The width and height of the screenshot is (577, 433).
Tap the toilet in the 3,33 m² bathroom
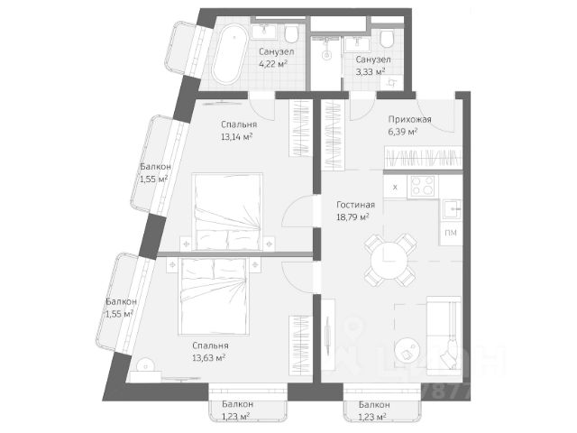pyautogui.click(x=387, y=40)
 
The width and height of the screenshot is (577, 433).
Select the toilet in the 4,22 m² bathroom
pyautogui.click(x=290, y=37)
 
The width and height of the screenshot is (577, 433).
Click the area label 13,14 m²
pyautogui.click(x=236, y=137)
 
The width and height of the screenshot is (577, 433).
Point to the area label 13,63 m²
pyautogui.click(x=209, y=357)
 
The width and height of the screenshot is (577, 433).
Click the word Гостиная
pyautogui.click(x=355, y=205)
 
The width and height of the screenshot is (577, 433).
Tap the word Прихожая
pyautogui.click(x=409, y=119)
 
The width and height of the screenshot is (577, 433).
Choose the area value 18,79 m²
pyautogui.click(x=353, y=216)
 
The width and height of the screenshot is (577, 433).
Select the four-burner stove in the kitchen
pyautogui.click(x=423, y=187)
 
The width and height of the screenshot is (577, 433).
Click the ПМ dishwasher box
pyautogui.click(x=450, y=234)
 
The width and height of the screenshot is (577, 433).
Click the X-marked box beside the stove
pyautogui.click(x=396, y=187)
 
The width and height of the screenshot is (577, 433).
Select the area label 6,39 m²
pyautogui.click(x=402, y=132)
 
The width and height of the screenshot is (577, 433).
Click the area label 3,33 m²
pyautogui.click(x=370, y=70)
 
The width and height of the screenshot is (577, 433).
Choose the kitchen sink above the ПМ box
pyautogui.click(x=450, y=211)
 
